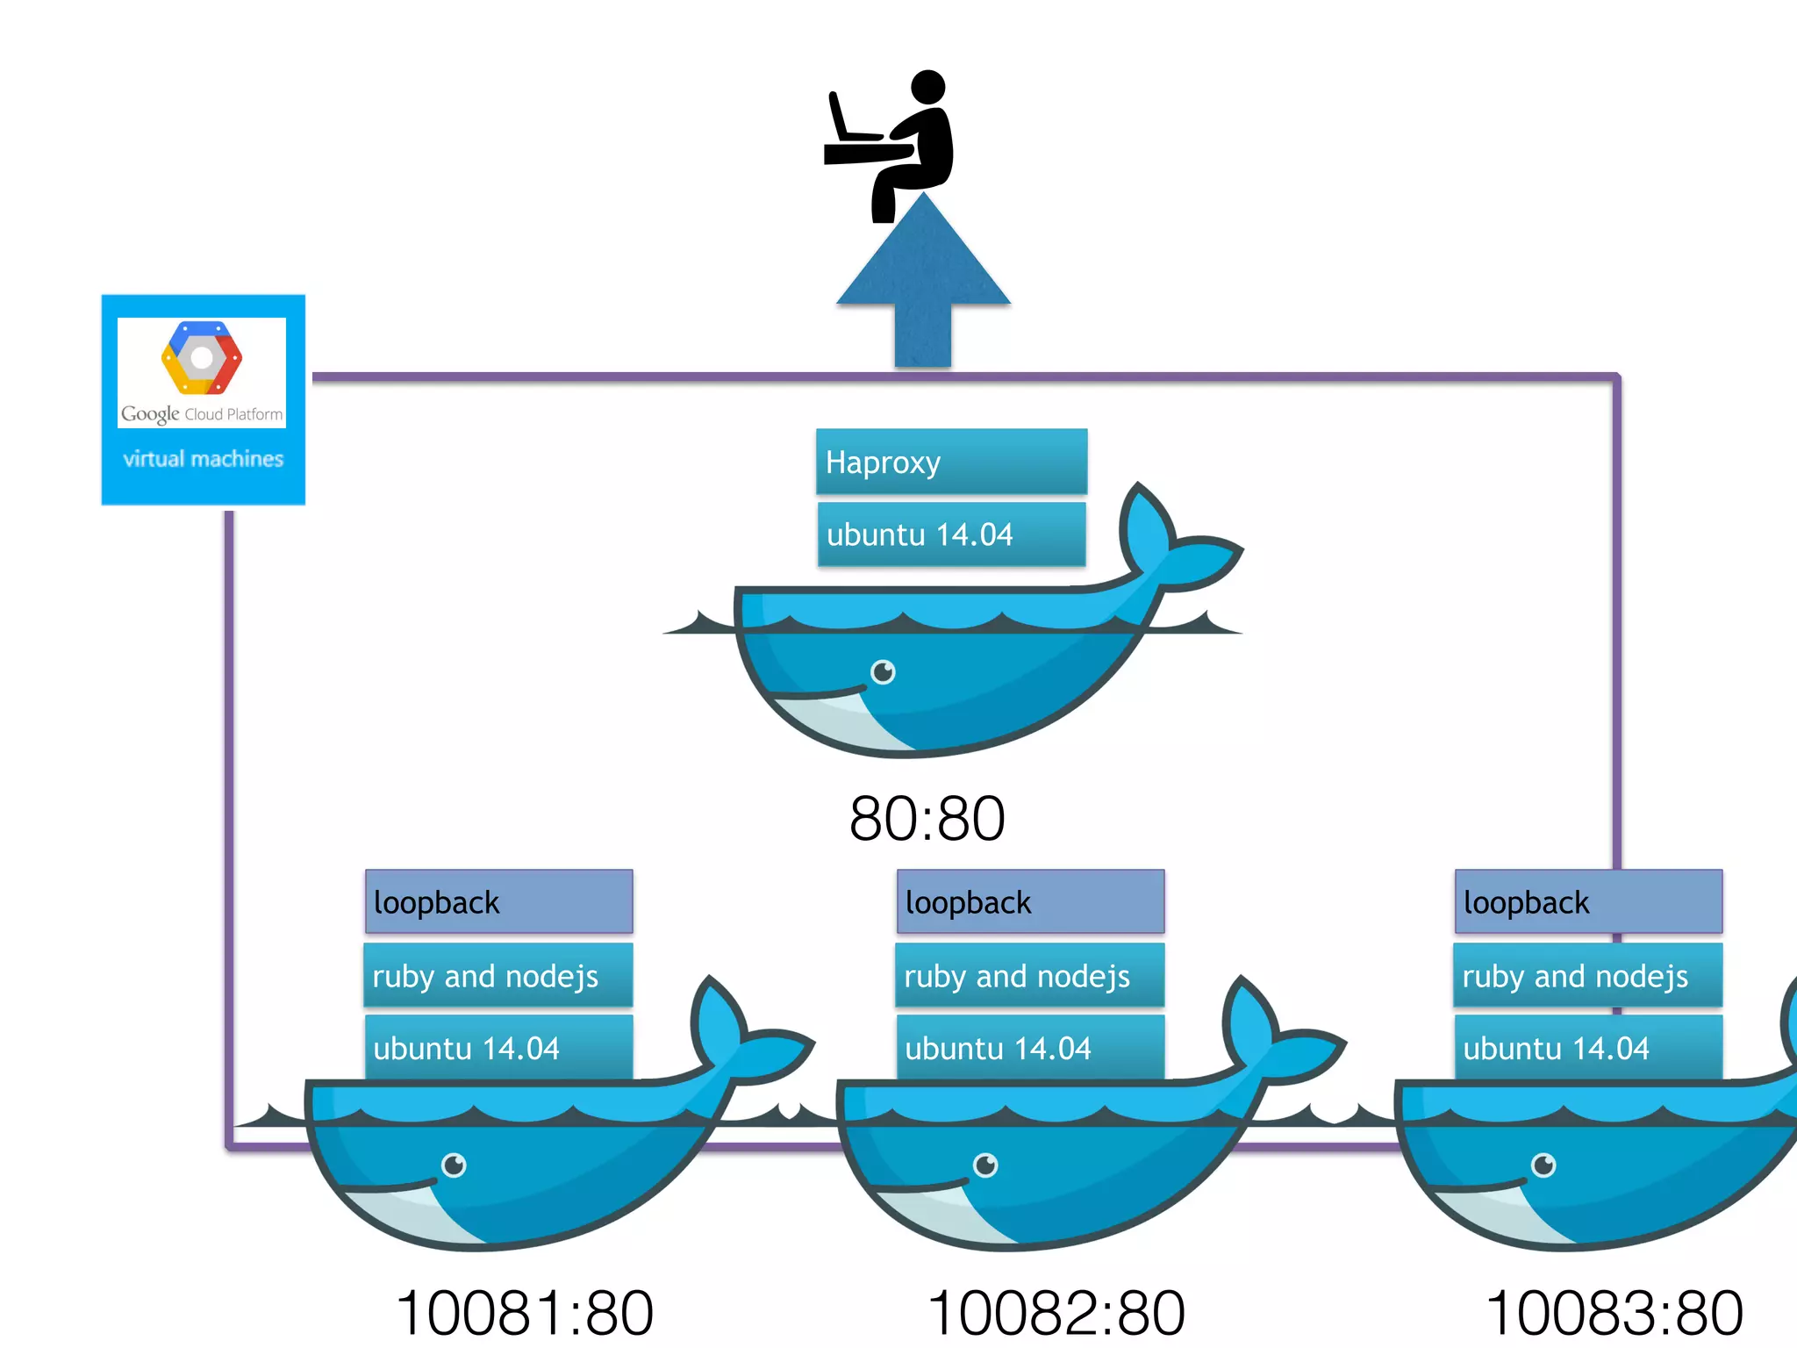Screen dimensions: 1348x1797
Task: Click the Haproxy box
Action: (x=951, y=462)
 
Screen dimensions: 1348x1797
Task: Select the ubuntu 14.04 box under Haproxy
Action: (x=951, y=534)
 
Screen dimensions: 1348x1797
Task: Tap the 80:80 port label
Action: (x=927, y=819)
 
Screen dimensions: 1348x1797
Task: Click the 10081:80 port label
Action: (x=525, y=1313)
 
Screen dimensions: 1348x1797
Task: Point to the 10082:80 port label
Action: (x=1056, y=1313)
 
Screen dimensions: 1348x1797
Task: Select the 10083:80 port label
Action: (x=1614, y=1313)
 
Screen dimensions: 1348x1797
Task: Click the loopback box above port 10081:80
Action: (x=498, y=902)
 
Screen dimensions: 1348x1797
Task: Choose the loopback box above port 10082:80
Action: (x=1030, y=902)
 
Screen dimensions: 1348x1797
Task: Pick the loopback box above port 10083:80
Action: (x=1588, y=902)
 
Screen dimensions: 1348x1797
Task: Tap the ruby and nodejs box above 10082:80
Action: (x=1030, y=976)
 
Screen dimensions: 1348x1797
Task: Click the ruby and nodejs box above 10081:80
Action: (x=498, y=976)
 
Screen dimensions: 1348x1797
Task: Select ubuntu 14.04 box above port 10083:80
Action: (x=1588, y=1048)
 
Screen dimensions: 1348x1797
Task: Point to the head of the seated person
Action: (x=928, y=87)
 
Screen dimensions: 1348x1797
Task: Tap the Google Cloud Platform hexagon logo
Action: (x=202, y=358)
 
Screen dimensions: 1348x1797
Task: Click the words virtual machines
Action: (x=204, y=459)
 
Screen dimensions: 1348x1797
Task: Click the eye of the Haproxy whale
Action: (x=883, y=672)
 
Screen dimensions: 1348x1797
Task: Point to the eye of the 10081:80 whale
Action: (x=454, y=1165)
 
